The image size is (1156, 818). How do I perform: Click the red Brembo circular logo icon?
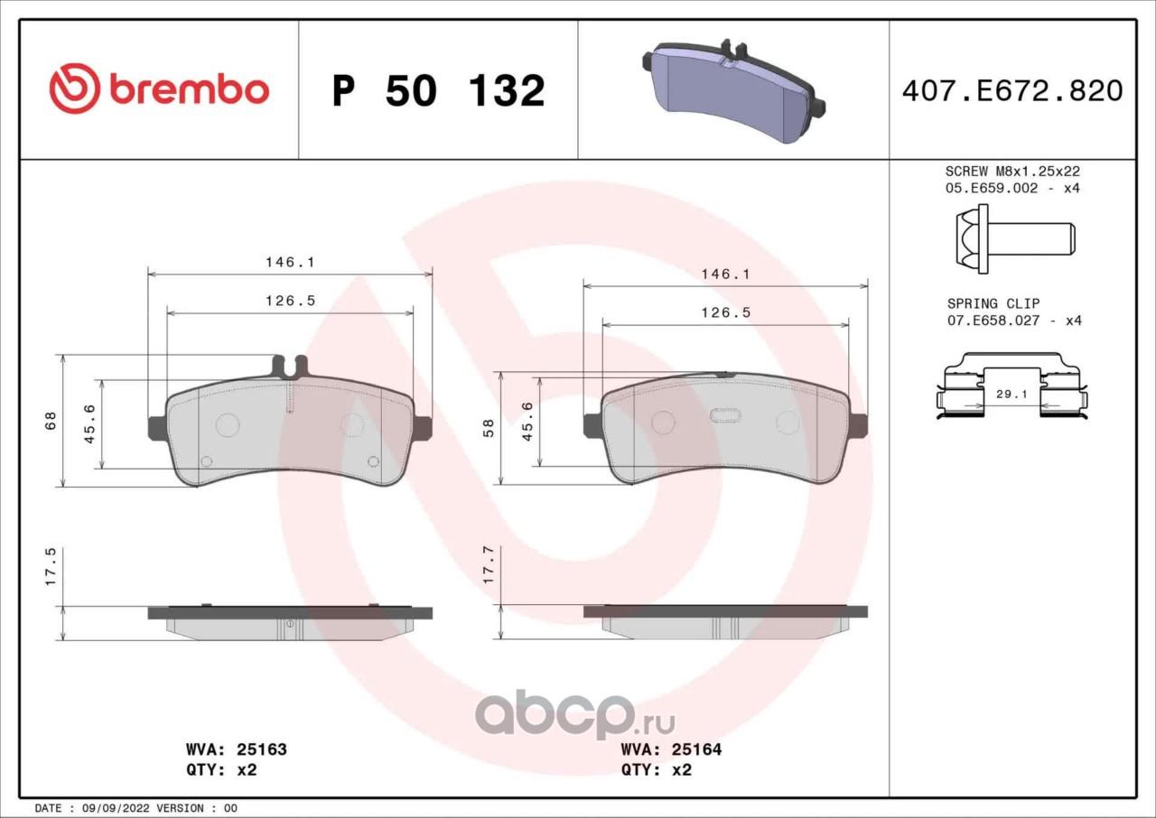[74, 88]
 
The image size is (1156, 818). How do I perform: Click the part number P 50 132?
[439, 91]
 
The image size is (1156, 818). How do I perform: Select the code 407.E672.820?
[1012, 91]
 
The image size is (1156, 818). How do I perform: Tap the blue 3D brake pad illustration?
[733, 91]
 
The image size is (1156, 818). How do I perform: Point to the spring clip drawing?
[1011, 386]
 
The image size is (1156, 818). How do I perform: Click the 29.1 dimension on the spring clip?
[1011, 394]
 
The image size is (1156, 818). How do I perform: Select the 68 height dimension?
[51, 421]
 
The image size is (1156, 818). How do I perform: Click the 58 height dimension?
[488, 428]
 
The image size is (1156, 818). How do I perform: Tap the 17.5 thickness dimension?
[51, 567]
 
